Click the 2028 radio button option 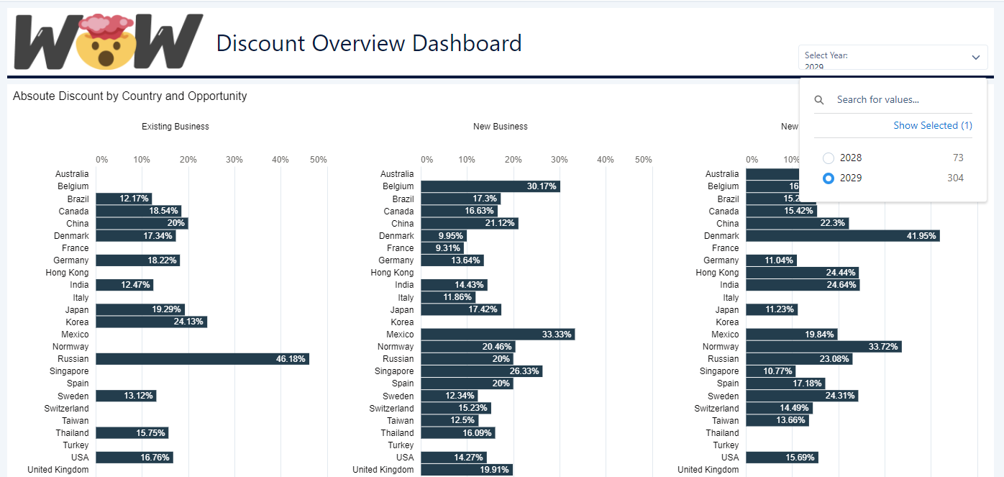point(829,158)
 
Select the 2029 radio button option point(829,178)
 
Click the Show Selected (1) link point(932,125)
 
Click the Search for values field point(899,100)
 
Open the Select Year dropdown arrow point(975,58)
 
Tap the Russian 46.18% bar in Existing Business point(202,359)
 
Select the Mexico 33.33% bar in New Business point(497,335)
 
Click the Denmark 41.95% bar point(842,236)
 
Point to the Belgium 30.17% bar point(490,186)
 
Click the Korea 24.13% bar point(151,322)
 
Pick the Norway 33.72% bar point(823,347)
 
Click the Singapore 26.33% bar point(481,371)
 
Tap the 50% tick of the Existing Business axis point(318,160)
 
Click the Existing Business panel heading point(175,127)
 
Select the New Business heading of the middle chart point(500,127)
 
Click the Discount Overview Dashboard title point(369,43)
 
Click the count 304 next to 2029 point(955,178)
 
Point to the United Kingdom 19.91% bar point(466,470)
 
